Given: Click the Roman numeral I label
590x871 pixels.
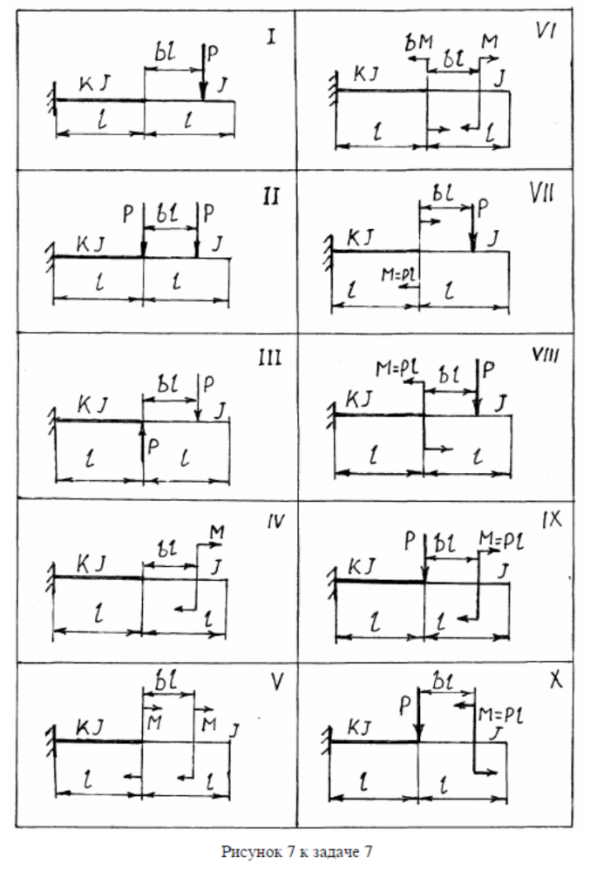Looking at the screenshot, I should pos(272,37).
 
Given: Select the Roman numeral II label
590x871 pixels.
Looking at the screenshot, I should pos(270,195).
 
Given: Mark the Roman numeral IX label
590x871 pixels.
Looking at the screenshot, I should pos(552,520).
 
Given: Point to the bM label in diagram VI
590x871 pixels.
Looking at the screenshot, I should pos(418,43).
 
